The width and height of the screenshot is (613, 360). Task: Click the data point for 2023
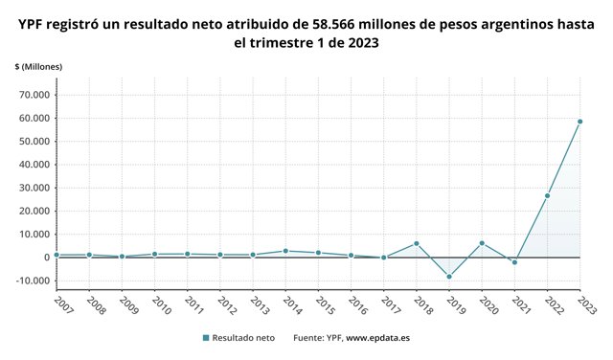coord(579,122)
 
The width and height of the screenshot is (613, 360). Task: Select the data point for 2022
coord(547,195)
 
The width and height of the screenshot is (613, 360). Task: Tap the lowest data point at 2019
coord(449,277)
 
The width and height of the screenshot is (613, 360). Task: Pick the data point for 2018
coord(417,243)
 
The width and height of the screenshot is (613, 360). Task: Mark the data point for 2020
coord(482,243)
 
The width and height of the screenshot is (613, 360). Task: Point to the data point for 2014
coord(285,251)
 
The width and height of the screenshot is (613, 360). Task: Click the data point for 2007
coord(57,255)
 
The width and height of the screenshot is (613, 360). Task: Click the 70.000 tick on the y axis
coord(34,95)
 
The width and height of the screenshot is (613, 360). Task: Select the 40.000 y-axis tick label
coord(34,165)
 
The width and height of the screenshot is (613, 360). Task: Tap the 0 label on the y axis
coord(46,258)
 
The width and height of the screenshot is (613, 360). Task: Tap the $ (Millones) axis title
coord(38,65)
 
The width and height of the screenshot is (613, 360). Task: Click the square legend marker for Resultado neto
coord(206,338)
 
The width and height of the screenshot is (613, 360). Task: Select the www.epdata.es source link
coord(377,338)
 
